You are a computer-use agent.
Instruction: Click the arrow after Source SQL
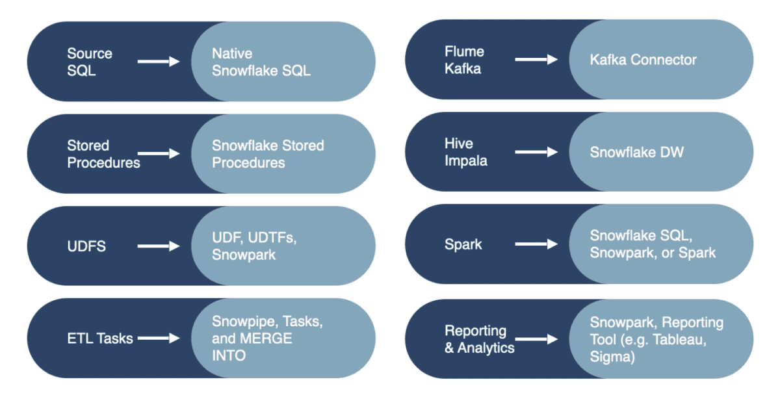point(159,62)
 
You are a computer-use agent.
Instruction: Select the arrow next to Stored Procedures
point(159,153)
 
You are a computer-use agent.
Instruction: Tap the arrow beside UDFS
point(159,246)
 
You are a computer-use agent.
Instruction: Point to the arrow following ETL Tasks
point(159,338)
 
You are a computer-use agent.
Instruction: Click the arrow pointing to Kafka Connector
point(536,60)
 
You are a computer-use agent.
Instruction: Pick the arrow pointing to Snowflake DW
point(536,152)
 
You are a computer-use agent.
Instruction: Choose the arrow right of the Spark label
point(536,244)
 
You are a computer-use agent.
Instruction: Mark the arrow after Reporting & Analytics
point(536,339)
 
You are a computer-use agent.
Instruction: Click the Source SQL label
point(90,62)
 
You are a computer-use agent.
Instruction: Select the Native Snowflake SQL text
point(261,62)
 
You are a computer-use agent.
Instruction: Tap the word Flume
point(464,51)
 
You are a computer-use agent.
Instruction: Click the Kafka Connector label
point(643,60)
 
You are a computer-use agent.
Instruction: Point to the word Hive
point(459,144)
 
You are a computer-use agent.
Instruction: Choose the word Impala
point(466,160)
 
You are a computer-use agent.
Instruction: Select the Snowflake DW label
point(636,152)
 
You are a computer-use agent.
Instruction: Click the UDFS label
point(86,246)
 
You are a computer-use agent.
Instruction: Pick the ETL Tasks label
point(100,339)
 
